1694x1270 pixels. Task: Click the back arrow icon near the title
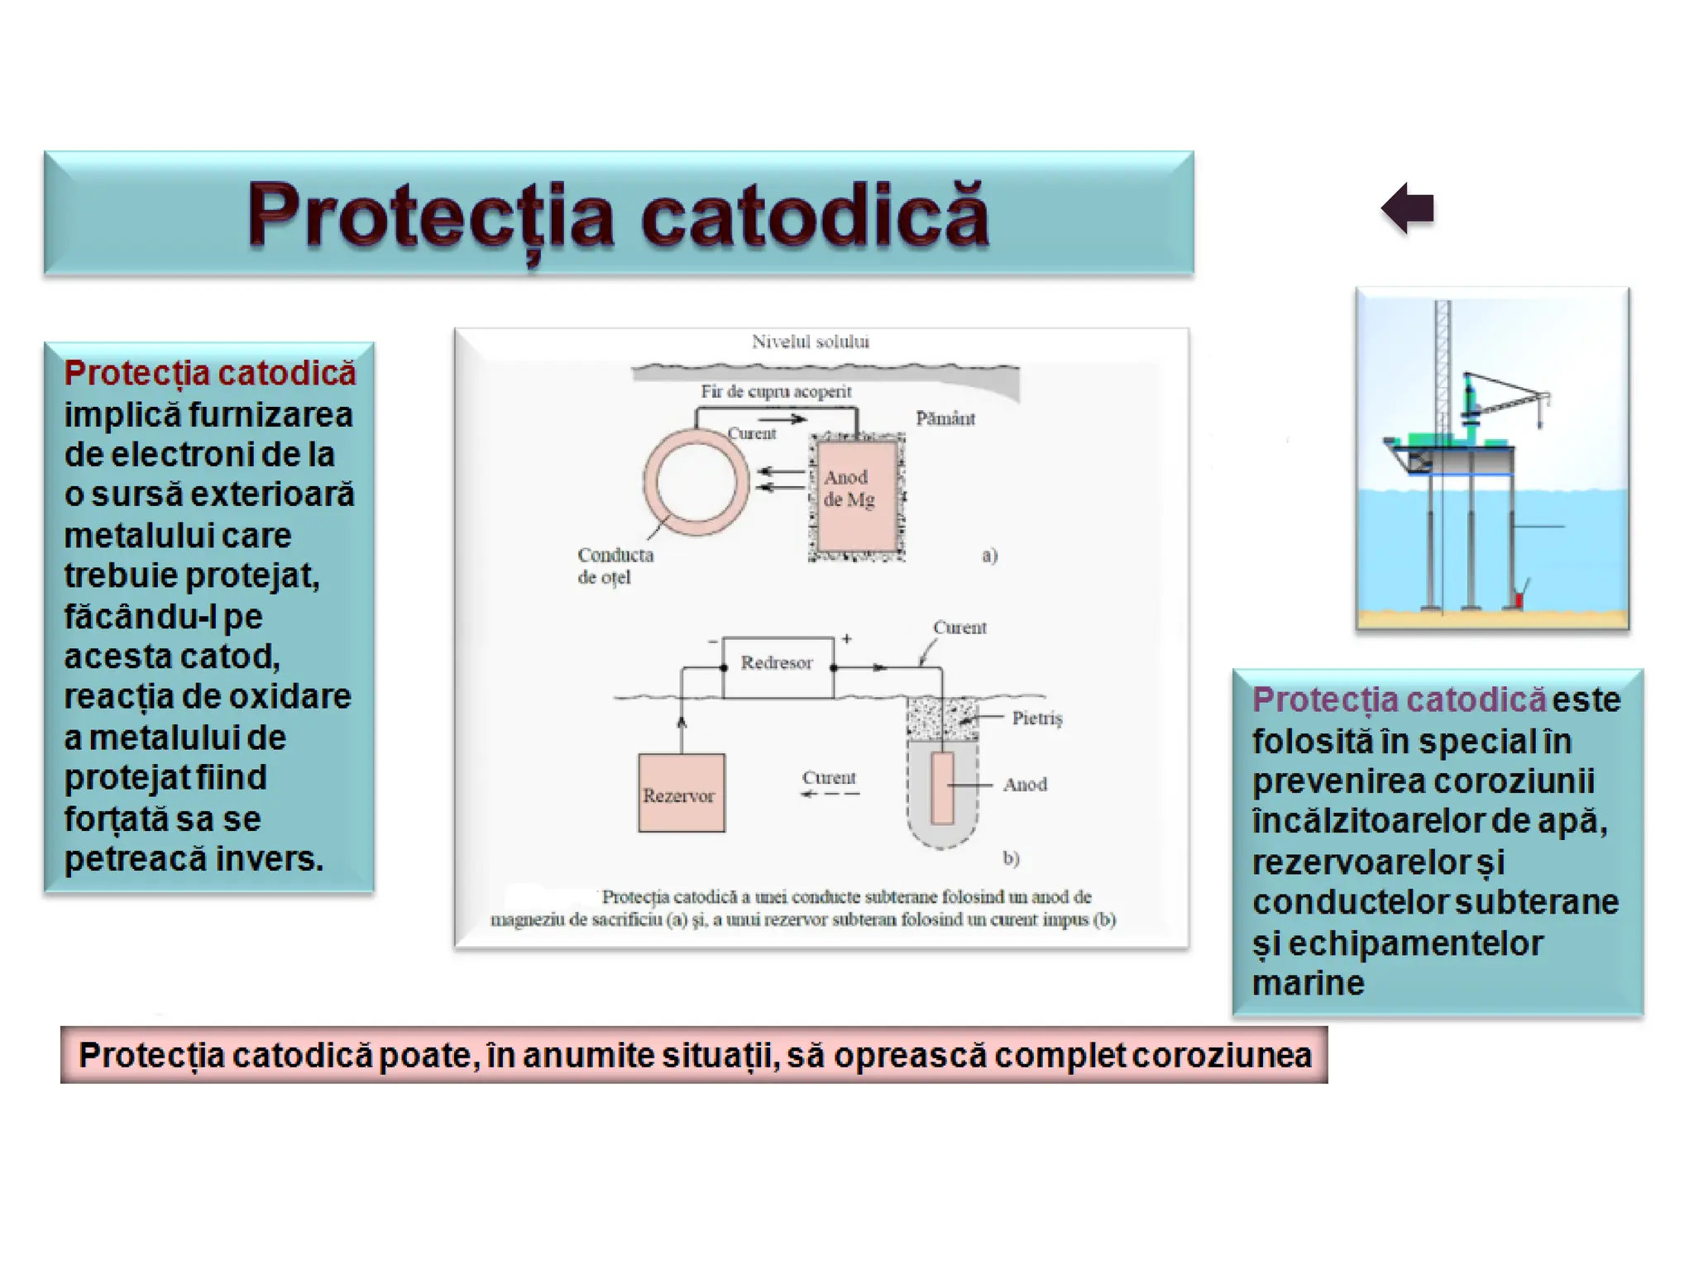(1408, 208)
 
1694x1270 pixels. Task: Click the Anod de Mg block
(855, 494)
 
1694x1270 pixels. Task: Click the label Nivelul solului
(810, 341)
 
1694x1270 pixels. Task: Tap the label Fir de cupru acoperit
(775, 391)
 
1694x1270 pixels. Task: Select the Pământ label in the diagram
(945, 418)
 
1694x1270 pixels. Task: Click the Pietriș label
(1036, 718)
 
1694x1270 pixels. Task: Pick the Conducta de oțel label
(615, 566)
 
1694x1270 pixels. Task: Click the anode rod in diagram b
(942, 788)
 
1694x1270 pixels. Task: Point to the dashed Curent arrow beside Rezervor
(830, 794)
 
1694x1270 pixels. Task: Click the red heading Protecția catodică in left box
(210, 373)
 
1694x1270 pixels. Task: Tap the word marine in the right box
(1308, 983)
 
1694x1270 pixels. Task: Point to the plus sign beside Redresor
(847, 638)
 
